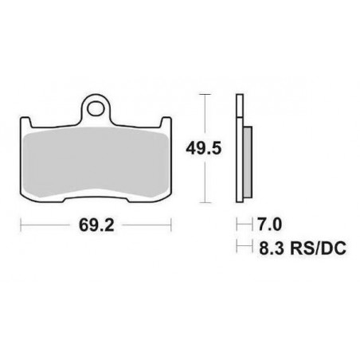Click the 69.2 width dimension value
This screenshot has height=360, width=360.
[x=96, y=225]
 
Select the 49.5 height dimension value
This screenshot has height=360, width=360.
[x=204, y=148]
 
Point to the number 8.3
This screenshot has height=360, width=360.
[x=272, y=248]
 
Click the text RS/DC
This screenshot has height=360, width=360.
[x=318, y=248]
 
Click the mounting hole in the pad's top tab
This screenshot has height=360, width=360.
[x=96, y=109]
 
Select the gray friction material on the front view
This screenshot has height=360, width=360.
[x=96, y=162]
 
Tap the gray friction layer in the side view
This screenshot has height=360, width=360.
[x=247, y=162]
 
